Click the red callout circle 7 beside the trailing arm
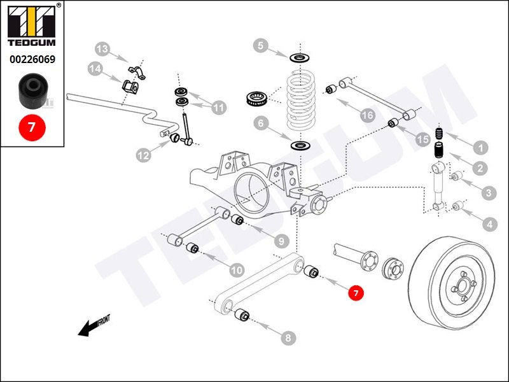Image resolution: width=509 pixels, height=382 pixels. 356,293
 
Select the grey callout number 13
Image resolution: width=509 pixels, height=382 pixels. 102,48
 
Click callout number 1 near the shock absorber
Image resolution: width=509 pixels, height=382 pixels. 482,148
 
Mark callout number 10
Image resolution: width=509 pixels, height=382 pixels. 236,271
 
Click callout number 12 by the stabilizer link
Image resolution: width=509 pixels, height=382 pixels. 143,153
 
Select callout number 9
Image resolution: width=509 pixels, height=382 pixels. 281,241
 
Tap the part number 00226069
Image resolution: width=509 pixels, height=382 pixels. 32,59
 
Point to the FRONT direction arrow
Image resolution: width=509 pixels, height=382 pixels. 93,326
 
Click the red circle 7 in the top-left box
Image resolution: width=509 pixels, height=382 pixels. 32,127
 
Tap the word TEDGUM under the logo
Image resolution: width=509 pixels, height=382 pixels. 32,44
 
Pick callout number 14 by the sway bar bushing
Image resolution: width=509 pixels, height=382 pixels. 95,69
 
